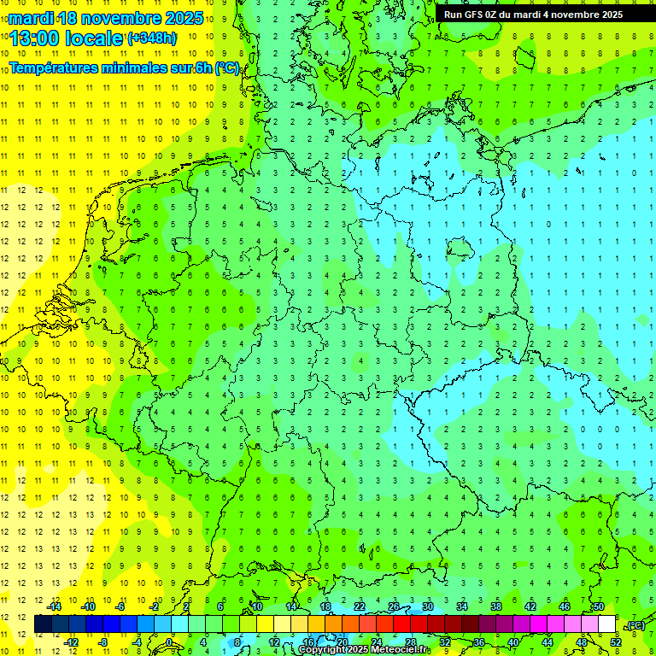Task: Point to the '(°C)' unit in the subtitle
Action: click(227, 68)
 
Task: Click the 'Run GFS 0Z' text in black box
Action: click(475, 15)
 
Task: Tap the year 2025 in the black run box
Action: click(606, 15)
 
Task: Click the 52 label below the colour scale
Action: click(616, 641)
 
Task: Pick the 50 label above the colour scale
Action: click(599, 606)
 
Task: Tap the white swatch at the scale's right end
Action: click(607, 624)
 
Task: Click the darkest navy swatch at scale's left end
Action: click(43, 624)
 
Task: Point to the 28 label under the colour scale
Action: click(411, 641)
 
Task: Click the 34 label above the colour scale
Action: click(462, 606)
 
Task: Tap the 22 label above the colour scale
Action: click(360, 606)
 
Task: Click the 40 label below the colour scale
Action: click(513, 641)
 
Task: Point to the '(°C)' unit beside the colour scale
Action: click(635, 625)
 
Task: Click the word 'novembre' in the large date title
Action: click(129, 18)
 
